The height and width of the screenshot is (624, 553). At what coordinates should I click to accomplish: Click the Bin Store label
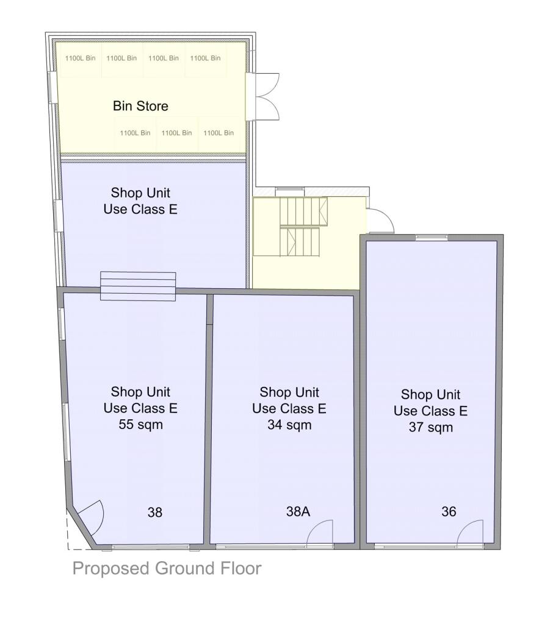[140, 106]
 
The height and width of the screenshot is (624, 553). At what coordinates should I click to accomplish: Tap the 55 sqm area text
[140, 425]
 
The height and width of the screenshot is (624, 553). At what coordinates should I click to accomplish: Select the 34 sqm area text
[289, 425]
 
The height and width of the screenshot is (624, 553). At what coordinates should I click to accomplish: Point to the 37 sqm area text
[431, 427]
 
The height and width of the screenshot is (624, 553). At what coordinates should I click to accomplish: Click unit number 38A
[298, 512]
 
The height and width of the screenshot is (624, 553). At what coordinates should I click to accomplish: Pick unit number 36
[449, 512]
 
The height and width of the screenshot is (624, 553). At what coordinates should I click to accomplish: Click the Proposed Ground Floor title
[167, 569]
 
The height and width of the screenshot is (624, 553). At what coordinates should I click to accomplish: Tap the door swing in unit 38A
[320, 531]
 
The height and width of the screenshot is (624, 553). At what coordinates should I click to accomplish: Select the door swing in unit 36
[471, 531]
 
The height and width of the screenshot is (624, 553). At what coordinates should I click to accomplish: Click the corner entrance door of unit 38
[89, 518]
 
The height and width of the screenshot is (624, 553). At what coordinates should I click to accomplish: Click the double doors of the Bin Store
[262, 96]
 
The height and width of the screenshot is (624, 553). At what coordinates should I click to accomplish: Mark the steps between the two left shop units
[138, 286]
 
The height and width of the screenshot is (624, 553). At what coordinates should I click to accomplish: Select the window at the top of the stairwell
[289, 191]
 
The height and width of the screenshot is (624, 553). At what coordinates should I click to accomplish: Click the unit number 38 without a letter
[155, 512]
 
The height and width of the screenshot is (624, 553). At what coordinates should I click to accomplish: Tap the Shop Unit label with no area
[144, 201]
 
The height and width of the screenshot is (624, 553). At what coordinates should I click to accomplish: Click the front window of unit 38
[150, 546]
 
